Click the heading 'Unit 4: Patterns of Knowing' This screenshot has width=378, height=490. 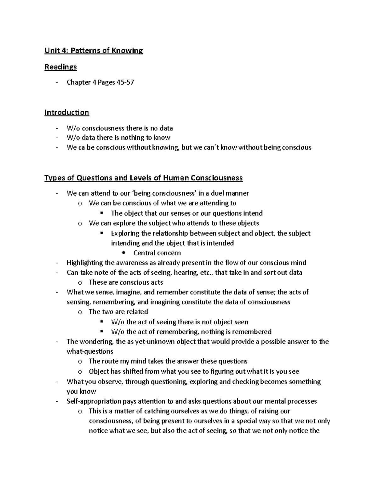click(x=94, y=50)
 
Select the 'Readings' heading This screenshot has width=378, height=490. click(x=60, y=67)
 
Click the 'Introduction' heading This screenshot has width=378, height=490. click(x=66, y=112)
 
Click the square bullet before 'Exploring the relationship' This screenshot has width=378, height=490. click(x=101, y=233)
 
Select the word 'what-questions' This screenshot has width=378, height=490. click(x=90, y=351)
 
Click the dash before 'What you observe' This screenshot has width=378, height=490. click(x=57, y=382)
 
